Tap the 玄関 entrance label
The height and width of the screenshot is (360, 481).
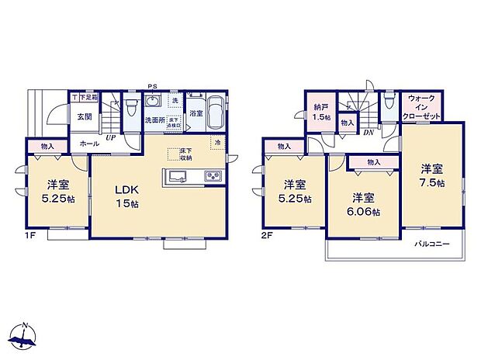[83, 116]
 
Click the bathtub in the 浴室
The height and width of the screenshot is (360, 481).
[214, 113]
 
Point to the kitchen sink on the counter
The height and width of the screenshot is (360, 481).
[176, 175]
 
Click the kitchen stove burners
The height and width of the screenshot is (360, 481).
[213, 176]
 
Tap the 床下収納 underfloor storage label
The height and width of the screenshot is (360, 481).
[185, 153]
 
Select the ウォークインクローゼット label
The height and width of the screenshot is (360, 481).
[422, 107]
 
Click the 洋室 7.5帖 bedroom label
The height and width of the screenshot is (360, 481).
[432, 175]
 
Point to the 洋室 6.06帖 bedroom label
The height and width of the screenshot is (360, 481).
[364, 204]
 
